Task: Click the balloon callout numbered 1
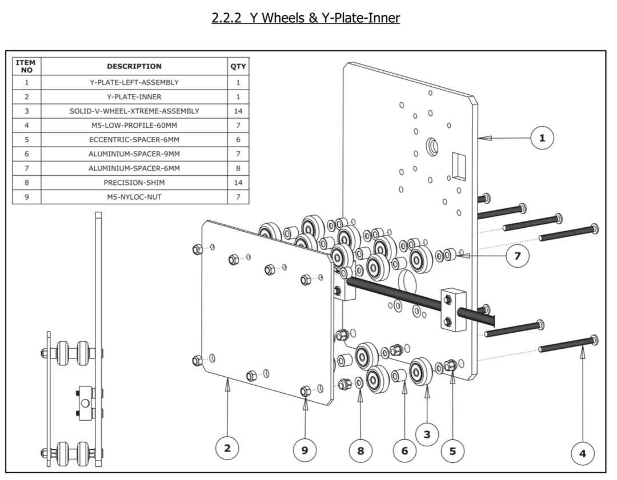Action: click(x=542, y=138)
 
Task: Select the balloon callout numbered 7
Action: click(x=518, y=256)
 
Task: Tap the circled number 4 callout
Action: click(x=582, y=454)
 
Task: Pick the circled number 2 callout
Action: click(x=227, y=448)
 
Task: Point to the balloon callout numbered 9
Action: click(x=305, y=450)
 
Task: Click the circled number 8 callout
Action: click(x=360, y=450)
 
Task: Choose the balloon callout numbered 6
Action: click(x=404, y=450)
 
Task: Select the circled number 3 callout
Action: click(x=427, y=434)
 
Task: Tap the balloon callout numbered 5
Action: click(x=452, y=450)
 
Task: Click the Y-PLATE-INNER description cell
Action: click(x=134, y=96)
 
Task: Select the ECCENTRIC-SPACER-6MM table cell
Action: click(x=134, y=139)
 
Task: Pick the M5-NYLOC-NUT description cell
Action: click(x=134, y=197)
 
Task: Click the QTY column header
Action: click(x=238, y=66)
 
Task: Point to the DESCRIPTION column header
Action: click(x=134, y=66)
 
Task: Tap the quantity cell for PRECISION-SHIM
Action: click(x=238, y=183)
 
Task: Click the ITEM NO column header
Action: click(x=26, y=66)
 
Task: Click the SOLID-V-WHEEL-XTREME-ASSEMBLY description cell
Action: click(x=134, y=111)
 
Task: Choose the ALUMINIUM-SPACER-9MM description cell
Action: click(x=134, y=154)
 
